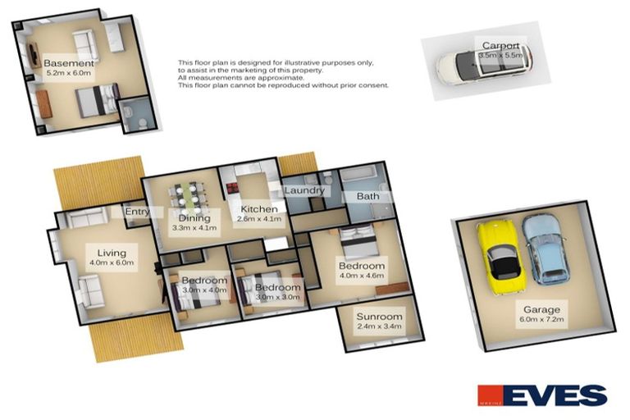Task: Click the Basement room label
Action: tap(69, 63)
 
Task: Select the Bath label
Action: tap(367, 197)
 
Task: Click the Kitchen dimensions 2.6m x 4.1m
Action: tap(259, 219)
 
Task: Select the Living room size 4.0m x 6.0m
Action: tap(112, 263)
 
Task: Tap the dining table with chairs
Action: tap(187, 198)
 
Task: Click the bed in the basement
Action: tap(95, 105)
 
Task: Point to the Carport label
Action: tap(500, 46)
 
